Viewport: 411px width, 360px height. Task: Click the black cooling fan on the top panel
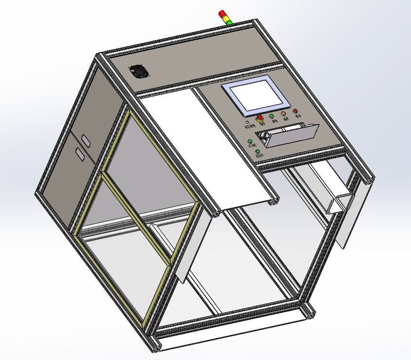[x=139, y=72]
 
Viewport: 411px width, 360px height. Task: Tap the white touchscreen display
[x=254, y=95]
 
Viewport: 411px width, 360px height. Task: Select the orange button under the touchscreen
[x=284, y=113]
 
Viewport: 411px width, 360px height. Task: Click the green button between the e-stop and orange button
[x=271, y=116]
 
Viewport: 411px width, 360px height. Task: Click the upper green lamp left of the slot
[x=250, y=141]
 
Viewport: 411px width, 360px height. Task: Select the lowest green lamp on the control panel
[x=257, y=151]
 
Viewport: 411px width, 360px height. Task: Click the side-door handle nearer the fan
[x=86, y=140]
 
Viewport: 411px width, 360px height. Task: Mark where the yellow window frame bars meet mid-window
[x=102, y=174]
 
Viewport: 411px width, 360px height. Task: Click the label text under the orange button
[x=285, y=119]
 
